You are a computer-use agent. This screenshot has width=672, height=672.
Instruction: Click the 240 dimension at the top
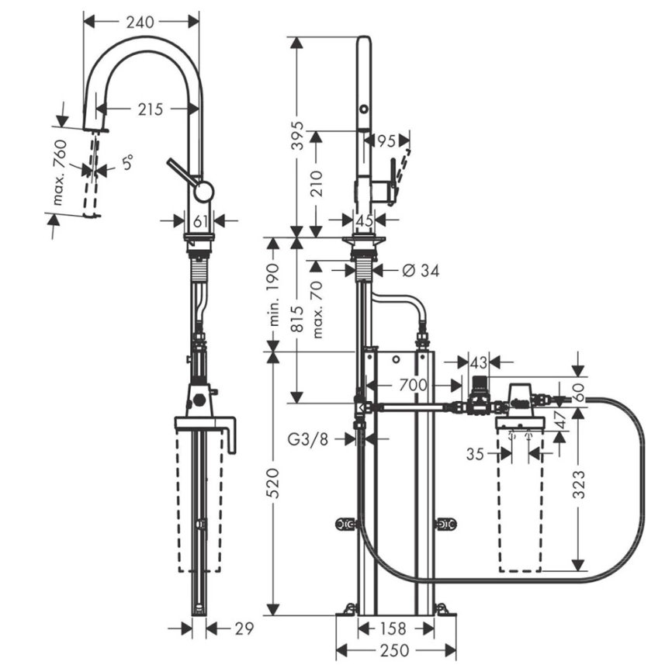coord(140,23)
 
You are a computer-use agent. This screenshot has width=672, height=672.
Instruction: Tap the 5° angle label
coord(127,163)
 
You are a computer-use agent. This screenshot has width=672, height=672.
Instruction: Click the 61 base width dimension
coord(201,222)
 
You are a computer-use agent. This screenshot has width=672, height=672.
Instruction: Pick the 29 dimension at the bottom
coord(243,629)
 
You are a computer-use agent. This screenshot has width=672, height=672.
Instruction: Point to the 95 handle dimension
coord(387,141)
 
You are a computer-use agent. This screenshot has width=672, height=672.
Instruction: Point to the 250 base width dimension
coord(395,649)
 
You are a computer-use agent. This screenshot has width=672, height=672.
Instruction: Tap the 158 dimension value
coord(396,629)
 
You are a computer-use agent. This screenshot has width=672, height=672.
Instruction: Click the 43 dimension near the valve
coord(479,362)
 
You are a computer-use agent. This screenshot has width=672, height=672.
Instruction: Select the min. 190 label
coord(273,294)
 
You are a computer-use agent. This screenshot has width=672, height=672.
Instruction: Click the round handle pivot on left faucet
coord(204,191)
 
